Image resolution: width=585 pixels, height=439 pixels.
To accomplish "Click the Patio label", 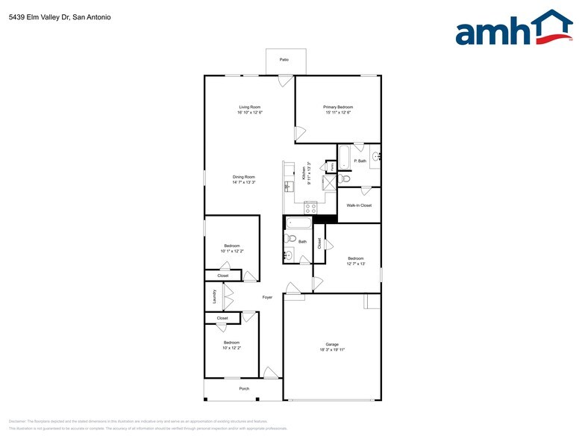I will point(284,59).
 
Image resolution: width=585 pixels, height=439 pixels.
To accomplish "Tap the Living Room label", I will point(249,108).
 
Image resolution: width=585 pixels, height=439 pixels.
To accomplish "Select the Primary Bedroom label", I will point(338,108).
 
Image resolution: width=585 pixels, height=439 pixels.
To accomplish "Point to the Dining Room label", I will point(244,177).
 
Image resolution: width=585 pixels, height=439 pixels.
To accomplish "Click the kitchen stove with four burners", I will point(310,208).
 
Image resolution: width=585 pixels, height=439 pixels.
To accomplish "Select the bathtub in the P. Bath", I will point(343,156).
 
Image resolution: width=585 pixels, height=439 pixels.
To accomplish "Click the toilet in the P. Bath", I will point(345,179).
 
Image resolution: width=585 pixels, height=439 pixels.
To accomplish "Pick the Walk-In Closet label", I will point(359,205).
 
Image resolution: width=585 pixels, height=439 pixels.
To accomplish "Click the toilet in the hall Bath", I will point(291,238).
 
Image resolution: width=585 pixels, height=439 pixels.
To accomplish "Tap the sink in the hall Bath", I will point(288,255).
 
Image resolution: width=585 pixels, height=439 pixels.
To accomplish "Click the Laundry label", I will point(214,298).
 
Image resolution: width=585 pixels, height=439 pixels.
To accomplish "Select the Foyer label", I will point(267,297).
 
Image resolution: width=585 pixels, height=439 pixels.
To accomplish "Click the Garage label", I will point(332,344).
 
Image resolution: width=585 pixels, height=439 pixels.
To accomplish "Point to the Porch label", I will point(244,389).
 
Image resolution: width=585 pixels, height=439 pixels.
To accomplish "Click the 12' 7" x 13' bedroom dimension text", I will point(355,264).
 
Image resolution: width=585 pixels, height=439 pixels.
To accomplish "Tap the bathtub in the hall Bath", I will point(297,222).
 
